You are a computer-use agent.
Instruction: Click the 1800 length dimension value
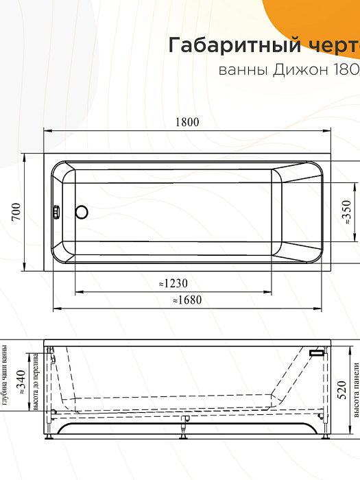(186, 122)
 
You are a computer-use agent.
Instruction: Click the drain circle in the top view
(82, 213)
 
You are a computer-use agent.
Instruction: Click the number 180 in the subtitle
(346, 70)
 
